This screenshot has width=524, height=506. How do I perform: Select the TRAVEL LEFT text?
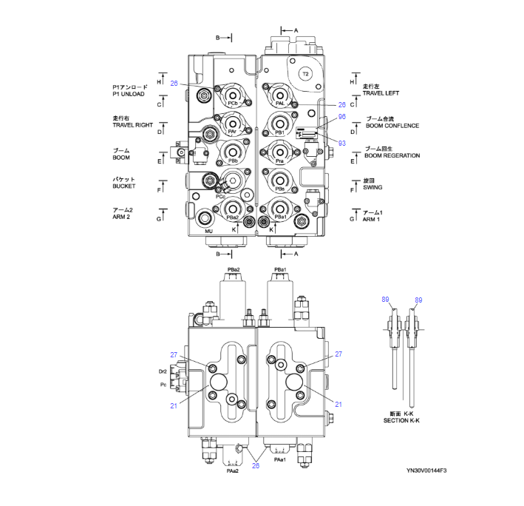(381, 93)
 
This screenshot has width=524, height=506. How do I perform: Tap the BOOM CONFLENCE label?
(392, 126)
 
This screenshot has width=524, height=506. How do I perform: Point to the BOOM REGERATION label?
(392, 155)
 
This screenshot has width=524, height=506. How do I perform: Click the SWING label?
(372, 188)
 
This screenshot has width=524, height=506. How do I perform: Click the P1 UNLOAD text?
(130, 94)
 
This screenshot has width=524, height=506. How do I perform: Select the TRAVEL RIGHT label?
(132, 125)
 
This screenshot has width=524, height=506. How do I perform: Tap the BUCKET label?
(123, 187)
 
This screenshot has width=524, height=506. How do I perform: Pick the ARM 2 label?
(122, 217)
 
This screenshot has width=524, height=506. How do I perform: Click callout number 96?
(341, 117)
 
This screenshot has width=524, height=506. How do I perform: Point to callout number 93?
(341, 142)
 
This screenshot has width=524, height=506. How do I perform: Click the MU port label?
(208, 231)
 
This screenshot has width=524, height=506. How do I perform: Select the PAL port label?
(279, 104)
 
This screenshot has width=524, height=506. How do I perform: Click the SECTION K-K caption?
(401, 420)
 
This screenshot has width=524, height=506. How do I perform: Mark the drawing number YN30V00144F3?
(426, 470)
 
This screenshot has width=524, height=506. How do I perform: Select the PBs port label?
(279, 189)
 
